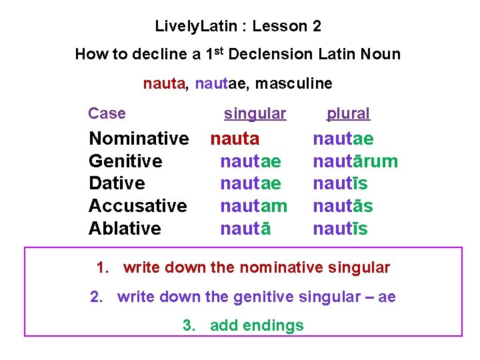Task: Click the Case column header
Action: pos(107,113)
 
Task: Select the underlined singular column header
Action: pos(255,113)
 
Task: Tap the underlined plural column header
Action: pos(348,113)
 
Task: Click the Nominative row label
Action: pos(139,139)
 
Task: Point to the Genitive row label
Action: pos(125,161)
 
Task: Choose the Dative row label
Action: pos(117,183)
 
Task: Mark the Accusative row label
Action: pos(137,206)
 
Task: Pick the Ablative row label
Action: pos(125,228)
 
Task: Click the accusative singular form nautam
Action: pos(253,206)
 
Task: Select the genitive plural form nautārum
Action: pos(355,161)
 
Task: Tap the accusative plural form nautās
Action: pos(343,206)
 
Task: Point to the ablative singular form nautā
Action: pos(245,229)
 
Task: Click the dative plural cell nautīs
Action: pos(340,183)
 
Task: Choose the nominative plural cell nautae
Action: pos(343,139)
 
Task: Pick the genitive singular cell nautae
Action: pos(250,161)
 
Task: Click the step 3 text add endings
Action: pos(257,325)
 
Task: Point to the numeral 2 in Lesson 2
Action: pos(317,27)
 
